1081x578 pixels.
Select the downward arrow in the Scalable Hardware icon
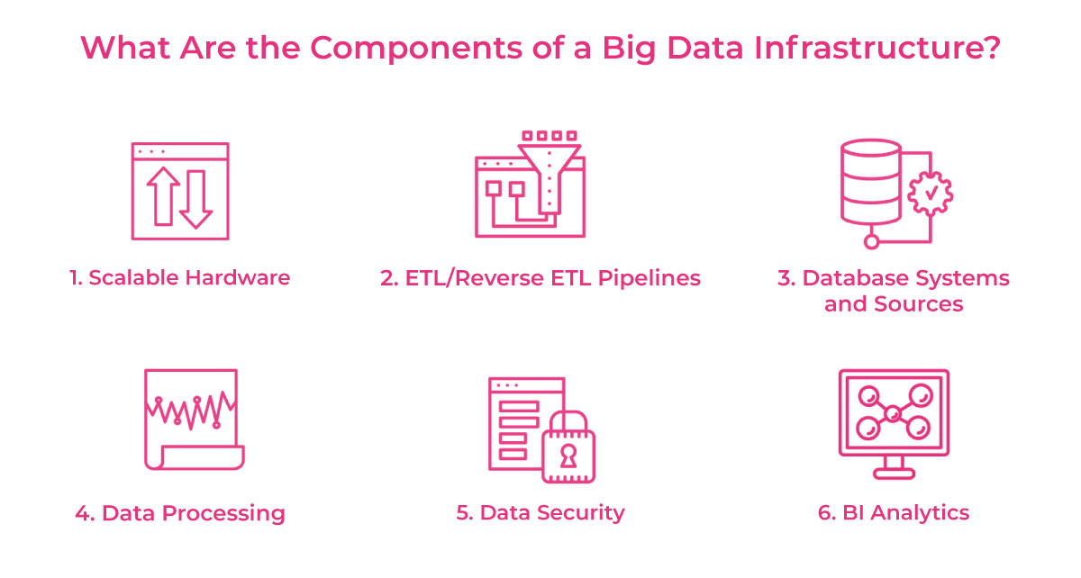(x=196, y=198)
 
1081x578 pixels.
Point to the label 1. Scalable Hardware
(x=180, y=277)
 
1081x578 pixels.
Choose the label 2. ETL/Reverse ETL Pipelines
(x=540, y=277)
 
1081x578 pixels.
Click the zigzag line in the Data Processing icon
(x=190, y=410)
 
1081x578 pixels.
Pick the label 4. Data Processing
(x=180, y=514)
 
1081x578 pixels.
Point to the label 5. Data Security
(x=540, y=513)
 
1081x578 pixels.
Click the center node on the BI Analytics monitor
(x=894, y=414)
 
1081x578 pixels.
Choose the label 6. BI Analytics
(x=894, y=513)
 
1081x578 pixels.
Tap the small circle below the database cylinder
(x=870, y=241)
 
